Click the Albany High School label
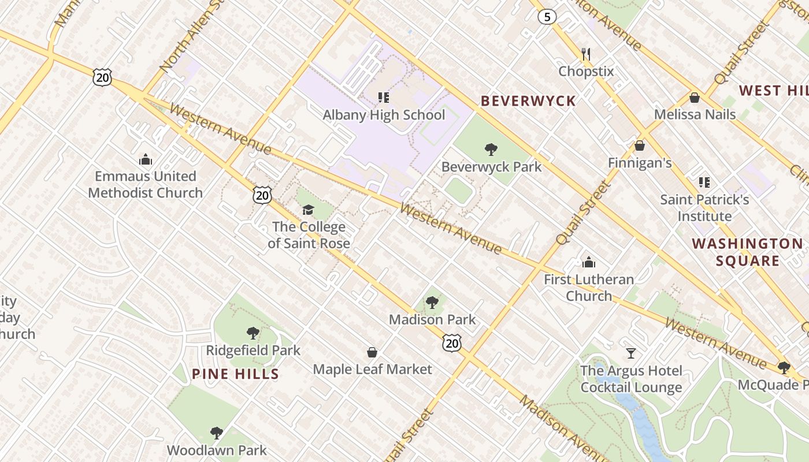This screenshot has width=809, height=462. [x=384, y=115]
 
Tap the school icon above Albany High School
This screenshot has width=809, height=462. [x=384, y=97]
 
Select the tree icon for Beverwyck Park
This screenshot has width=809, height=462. [x=491, y=150]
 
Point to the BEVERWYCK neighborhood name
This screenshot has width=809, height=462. [x=528, y=101]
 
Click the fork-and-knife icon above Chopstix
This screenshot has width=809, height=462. [x=586, y=54]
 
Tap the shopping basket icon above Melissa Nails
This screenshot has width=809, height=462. [x=695, y=98]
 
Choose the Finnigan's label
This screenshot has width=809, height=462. [x=640, y=163]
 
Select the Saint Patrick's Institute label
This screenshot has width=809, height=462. [x=704, y=208]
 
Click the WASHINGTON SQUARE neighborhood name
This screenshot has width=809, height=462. [x=748, y=252]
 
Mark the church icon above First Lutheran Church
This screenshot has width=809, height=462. [x=589, y=263]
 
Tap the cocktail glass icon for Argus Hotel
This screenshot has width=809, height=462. [x=631, y=353]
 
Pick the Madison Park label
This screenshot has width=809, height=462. [x=432, y=319]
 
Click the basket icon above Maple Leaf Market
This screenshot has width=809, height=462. [x=373, y=352]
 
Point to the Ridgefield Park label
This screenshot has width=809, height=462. [x=253, y=350]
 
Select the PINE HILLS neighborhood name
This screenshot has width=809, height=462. [x=235, y=374]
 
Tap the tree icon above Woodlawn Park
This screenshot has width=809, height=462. [x=217, y=433]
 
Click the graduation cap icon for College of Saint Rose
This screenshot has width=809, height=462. [x=309, y=210]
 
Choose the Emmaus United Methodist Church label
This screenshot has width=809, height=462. [x=146, y=184]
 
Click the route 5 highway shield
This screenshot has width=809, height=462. [x=547, y=17]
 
